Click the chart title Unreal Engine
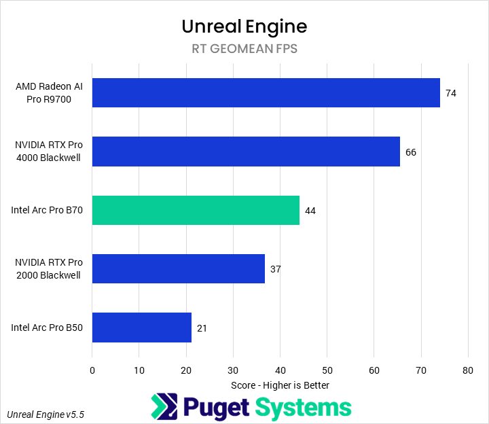244,26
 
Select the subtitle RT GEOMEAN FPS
244,49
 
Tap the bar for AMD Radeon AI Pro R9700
266,92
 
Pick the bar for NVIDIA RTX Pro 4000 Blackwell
246,152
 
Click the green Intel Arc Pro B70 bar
196,210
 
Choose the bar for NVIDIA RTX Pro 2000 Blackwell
179,268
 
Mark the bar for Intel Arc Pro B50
142,328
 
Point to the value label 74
450,93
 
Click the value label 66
411,152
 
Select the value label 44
310,211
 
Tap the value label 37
275,269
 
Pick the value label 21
202,328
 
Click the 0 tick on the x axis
92,370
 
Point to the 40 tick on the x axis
280,370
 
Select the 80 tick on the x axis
467,370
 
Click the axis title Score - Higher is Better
280,385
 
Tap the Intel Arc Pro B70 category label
47,210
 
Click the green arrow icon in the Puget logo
163,407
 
